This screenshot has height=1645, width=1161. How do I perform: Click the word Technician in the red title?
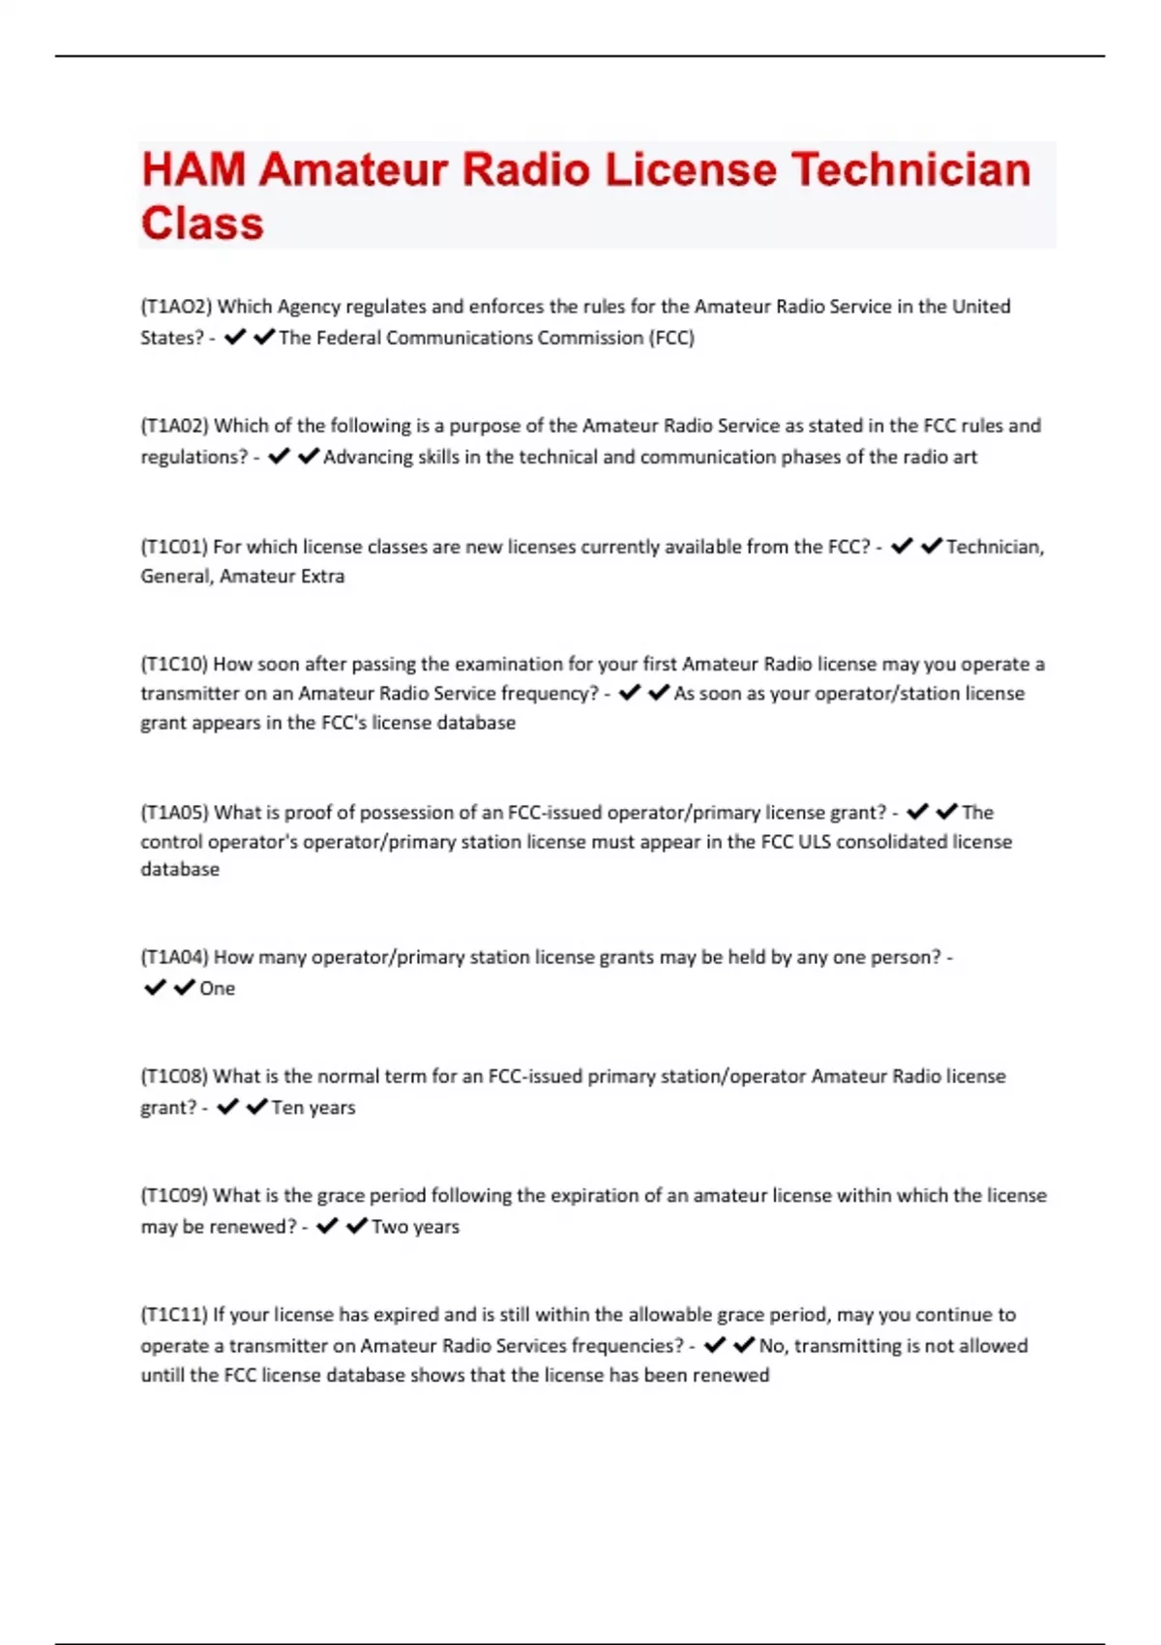pyautogui.click(x=911, y=169)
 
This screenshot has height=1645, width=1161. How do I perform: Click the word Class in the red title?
pyautogui.click(x=202, y=224)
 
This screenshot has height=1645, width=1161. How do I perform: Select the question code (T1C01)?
pyautogui.click(x=174, y=547)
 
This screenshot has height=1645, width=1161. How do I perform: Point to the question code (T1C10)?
pyautogui.click(x=174, y=665)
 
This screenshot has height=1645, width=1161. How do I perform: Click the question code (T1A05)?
pyautogui.click(x=174, y=813)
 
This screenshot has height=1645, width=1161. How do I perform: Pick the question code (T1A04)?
pyautogui.click(x=174, y=957)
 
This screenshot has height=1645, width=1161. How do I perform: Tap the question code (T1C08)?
pyautogui.click(x=174, y=1076)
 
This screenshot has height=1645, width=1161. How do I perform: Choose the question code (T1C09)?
pyautogui.click(x=174, y=1195)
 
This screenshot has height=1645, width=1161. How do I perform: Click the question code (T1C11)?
pyautogui.click(x=174, y=1314)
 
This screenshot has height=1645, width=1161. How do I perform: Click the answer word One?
pyautogui.click(x=217, y=988)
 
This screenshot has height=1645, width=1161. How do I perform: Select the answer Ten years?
pyautogui.click(x=313, y=1107)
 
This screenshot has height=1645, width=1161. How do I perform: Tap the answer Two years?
pyautogui.click(x=415, y=1226)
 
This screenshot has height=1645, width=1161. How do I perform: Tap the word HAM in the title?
pyautogui.click(x=193, y=169)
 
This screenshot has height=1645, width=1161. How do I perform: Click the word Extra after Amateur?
pyautogui.click(x=321, y=576)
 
